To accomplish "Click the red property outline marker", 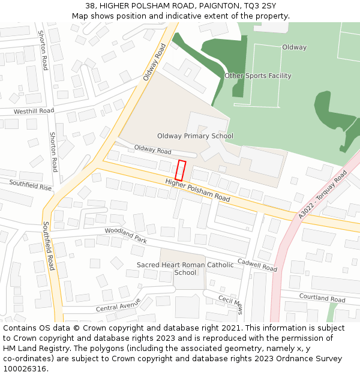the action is click(181, 170).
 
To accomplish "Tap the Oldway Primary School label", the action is click(195, 136).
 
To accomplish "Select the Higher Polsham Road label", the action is click(197, 190).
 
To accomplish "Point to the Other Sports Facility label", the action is click(257, 76).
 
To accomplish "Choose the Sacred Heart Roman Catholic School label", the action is click(177, 268).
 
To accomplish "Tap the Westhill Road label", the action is click(34, 111).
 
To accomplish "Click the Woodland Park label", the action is click(125, 235).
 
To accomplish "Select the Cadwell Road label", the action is click(257, 265).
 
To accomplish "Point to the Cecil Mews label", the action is click(230, 305).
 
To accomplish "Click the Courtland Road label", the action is click(322, 298).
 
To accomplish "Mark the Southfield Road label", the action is click(48, 246).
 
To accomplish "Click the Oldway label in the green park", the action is click(294, 47).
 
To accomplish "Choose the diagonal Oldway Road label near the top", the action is click(154, 62).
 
